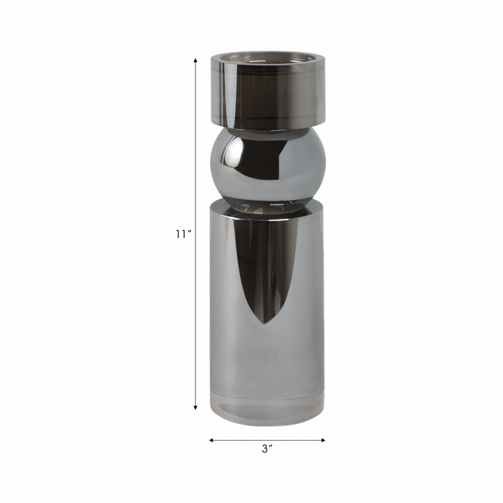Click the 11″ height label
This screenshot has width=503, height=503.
(x=183, y=235)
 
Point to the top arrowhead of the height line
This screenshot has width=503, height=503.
(x=196, y=60)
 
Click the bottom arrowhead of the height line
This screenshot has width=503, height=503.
(x=196, y=407)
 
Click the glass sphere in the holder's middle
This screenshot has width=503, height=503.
(x=268, y=163)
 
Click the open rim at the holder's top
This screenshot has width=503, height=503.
(x=268, y=58)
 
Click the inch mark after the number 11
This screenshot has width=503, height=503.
(x=189, y=232)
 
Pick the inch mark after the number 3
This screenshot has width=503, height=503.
(x=272, y=446)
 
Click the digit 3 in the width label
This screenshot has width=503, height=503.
(x=265, y=449)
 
